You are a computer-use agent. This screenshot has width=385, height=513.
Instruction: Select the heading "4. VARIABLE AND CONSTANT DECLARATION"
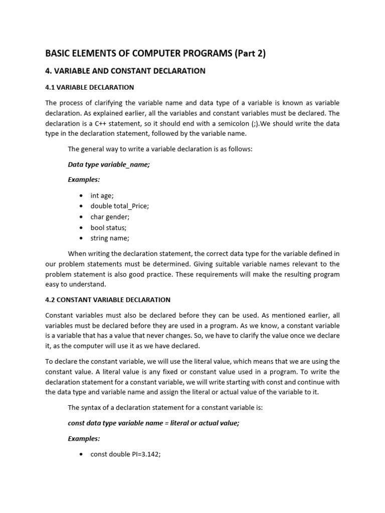tap(125, 71)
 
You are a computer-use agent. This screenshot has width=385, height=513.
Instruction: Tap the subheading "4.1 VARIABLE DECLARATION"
tap(89, 87)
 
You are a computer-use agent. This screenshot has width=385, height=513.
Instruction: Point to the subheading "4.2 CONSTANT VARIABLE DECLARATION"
tap(108, 300)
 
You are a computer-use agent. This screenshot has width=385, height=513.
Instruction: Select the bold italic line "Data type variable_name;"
tap(109, 164)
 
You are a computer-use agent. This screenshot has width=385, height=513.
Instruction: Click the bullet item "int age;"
tap(102, 196)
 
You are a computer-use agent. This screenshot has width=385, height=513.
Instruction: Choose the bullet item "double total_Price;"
tap(119, 206)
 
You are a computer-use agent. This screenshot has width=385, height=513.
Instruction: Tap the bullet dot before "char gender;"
tap(81, 217)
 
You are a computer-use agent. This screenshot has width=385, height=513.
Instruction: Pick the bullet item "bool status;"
tap(108, 227)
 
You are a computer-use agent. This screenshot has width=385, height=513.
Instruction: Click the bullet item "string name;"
tap(109, 238)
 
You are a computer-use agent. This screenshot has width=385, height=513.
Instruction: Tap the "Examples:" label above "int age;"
tap(84, 179)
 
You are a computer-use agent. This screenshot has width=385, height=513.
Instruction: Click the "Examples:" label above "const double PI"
tap(84, 438)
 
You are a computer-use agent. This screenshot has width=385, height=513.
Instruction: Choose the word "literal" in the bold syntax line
tap(181, 423)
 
